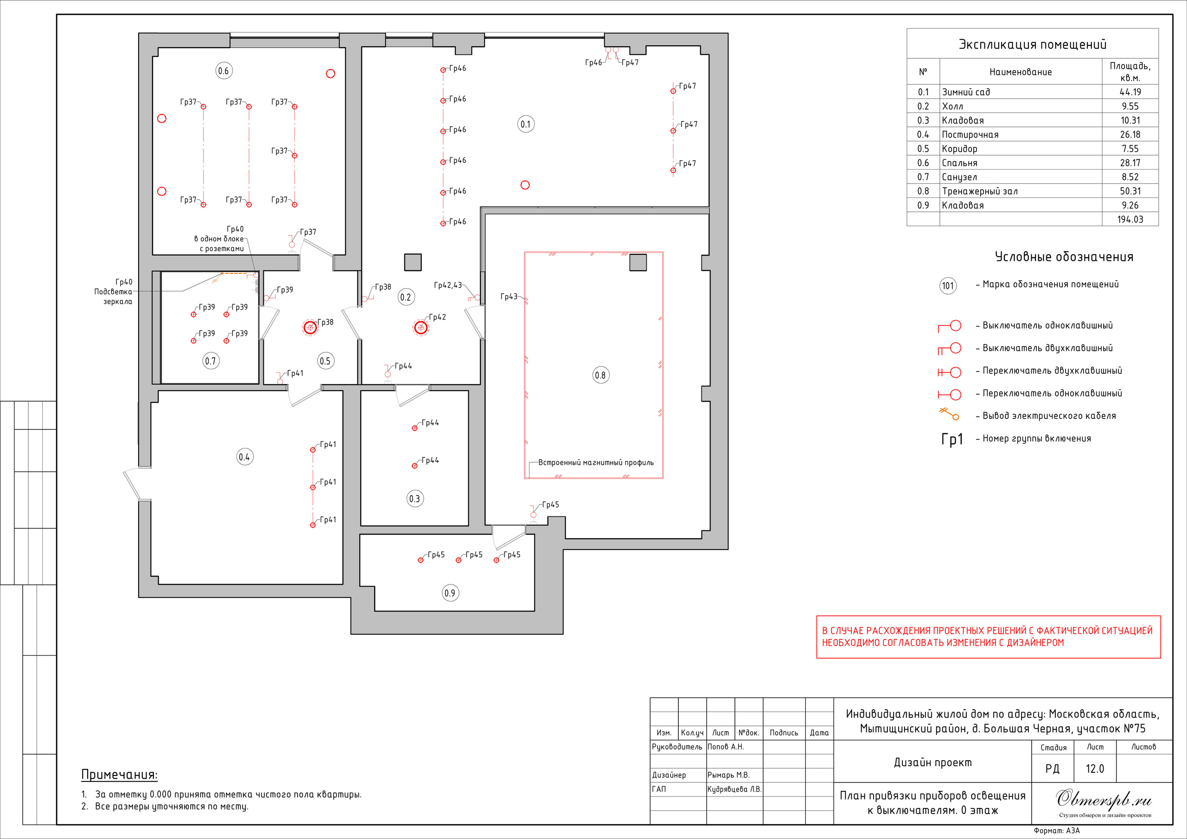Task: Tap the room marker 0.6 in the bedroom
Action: pyautogui.click(x=224, y=71)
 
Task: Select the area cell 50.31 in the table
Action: pyautogui.click(x=1130, y=191)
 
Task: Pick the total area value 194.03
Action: pyautogui.click(x=1130, y=220)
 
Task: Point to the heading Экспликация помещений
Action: pyautogui.click(x=1033, y=44)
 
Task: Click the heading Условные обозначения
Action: pyautogui.click(x=1064, y=257)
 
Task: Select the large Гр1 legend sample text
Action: pyautogui.click(x=952, y=439)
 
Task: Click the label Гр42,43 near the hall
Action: pyautogui.click(x=448, y=285)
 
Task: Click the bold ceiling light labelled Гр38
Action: pyautogui.click(x=310, y=328)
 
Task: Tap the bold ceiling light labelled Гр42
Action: pyautogui.click(x=421, y=328)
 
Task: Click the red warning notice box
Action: pyautogui.click(x=989, y=637)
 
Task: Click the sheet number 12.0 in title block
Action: pyautogui.click(x=1094, y=769)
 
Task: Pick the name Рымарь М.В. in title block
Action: pyautogui.click(x=728, y=775)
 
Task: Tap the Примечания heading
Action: pyautogui.click(x=120, y=775)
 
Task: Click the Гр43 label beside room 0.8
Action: pyautogui.click(x=509, y=296)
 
